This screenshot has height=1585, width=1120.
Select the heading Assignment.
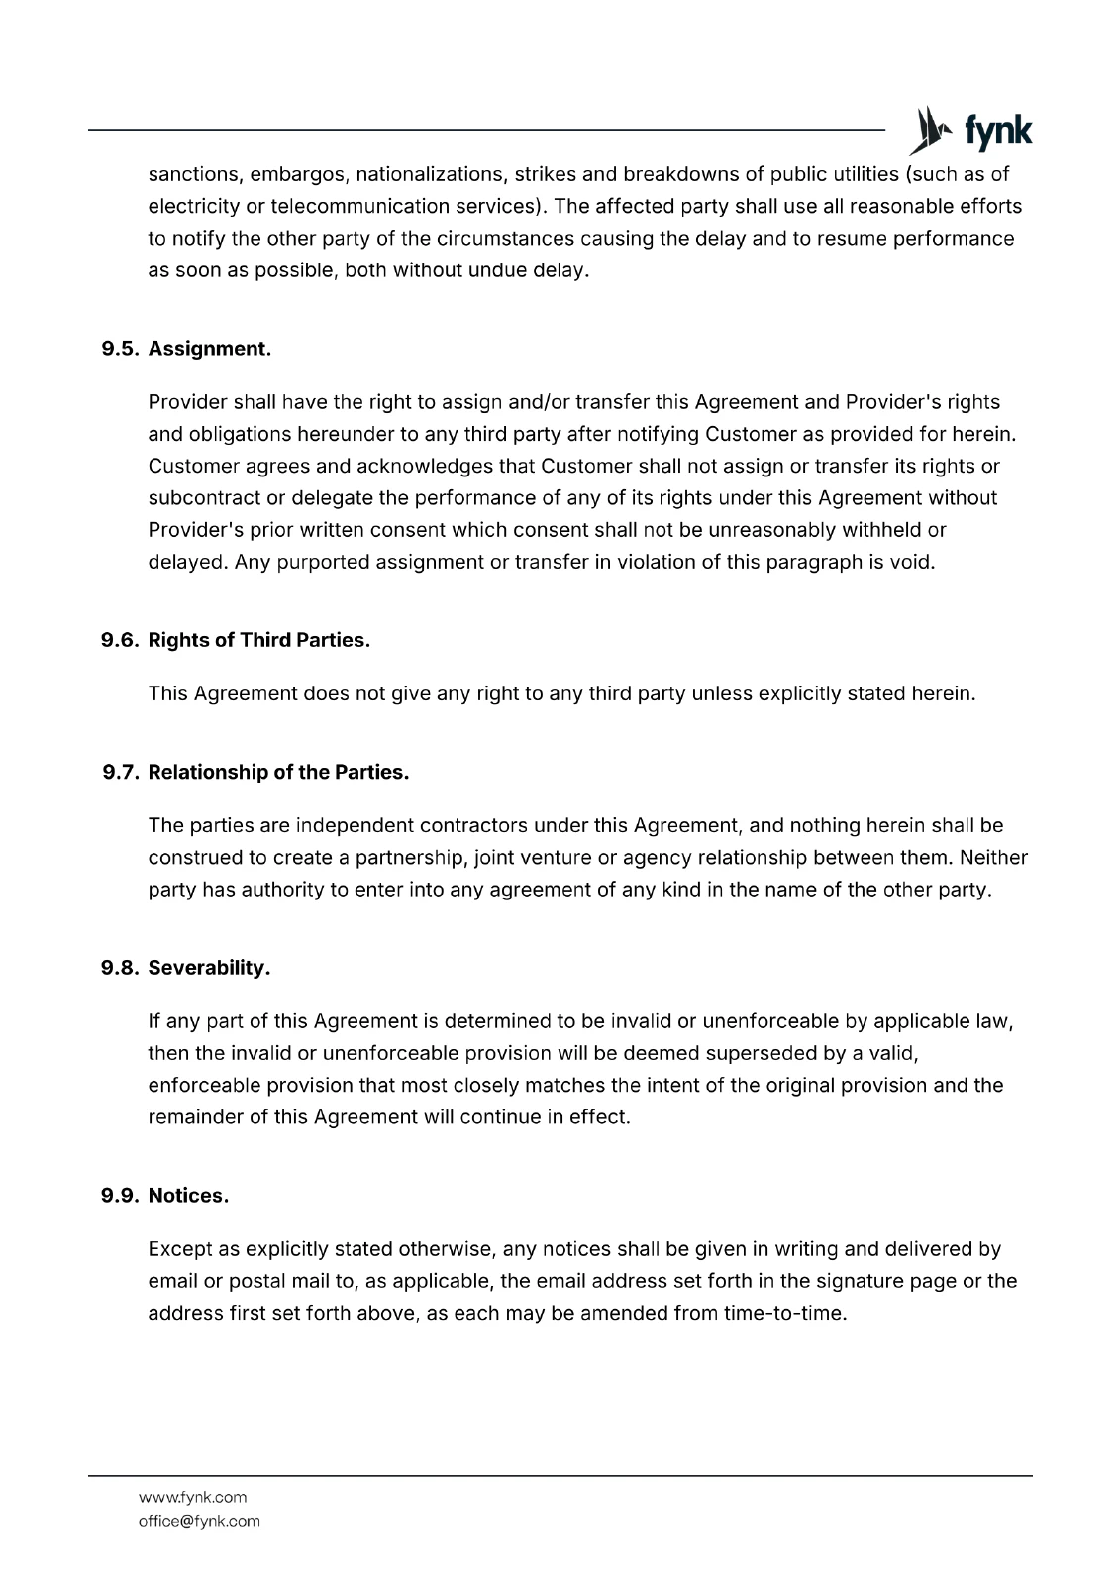click(x=210, y=349)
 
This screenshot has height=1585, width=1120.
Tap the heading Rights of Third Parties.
click(x=259, y=640)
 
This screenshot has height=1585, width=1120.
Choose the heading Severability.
click(x=210, y=968)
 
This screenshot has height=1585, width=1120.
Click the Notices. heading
click(x=188, y=1196)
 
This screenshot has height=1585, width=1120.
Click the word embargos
click(x=296, y=175)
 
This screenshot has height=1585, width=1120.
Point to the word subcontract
click(x=202, y=497)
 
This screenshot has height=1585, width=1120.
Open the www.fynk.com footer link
click(x=192, y=1497)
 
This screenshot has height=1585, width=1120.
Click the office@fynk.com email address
click(x=199, y=1521)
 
